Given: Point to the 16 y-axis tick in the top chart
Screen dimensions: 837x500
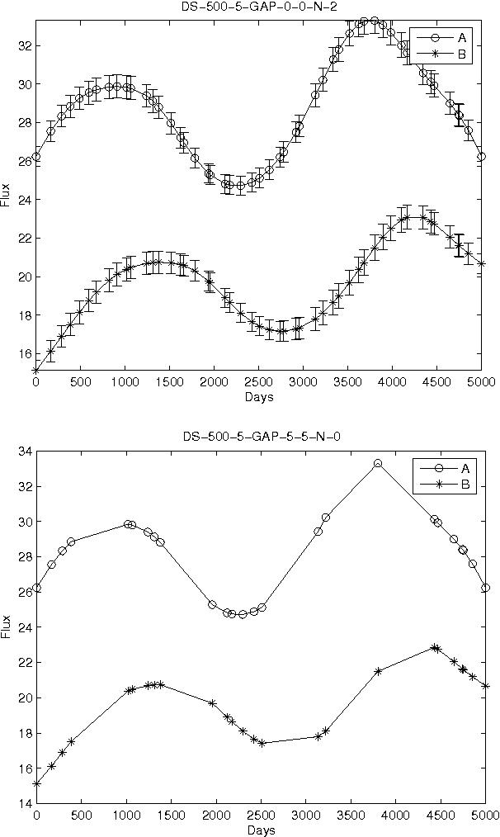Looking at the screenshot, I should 23,353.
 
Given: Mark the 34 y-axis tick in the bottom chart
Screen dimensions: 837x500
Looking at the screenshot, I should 23,452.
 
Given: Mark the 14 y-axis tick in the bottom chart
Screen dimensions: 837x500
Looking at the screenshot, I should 23,803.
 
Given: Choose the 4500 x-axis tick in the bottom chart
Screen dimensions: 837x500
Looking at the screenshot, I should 441,816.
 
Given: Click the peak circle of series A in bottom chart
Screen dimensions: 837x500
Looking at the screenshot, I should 378,463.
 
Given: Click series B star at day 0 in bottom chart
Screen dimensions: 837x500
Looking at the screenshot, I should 36,783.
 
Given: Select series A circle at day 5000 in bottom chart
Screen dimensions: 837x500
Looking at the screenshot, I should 485,588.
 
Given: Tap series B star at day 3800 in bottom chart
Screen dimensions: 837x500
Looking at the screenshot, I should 378,671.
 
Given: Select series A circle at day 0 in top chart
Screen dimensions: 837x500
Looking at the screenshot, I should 36,156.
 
